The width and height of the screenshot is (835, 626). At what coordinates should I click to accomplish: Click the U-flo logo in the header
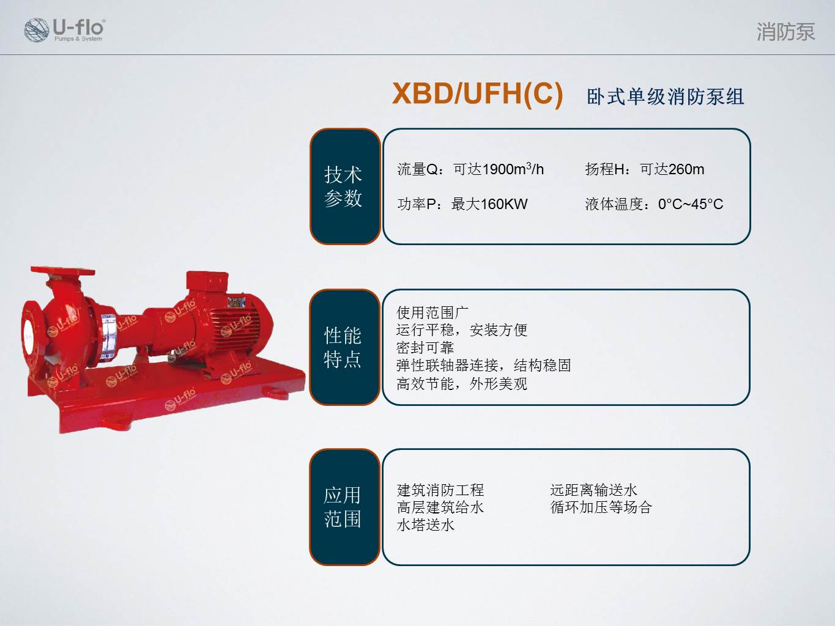(x=64, y=29)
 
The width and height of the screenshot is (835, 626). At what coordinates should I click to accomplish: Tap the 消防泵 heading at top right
(x=785, y=32)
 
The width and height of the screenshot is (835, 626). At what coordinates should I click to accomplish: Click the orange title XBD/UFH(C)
(x=477, y=94)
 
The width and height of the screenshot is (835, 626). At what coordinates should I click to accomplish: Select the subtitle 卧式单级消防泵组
(x=665, y=97)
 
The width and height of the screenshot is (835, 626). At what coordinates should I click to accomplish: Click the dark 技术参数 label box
(x=344, y=186)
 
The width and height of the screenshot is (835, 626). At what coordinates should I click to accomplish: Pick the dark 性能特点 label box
(x=344, y=347)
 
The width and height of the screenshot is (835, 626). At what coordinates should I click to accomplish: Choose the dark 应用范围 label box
(x=344, y=507)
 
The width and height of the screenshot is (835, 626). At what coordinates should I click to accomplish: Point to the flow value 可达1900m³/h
(x=498, y=169)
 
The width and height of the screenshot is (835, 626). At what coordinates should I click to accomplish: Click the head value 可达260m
(x=672, y=169)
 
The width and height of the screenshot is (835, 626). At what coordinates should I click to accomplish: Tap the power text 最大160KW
(x=489, y=204)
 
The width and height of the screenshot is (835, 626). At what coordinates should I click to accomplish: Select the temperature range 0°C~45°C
(x=690, y=204)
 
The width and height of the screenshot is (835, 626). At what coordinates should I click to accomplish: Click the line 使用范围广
(x=432, y=312)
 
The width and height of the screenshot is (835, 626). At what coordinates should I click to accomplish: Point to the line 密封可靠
(x=425, y=348)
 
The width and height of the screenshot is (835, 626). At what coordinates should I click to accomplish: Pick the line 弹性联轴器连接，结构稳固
(x=483, y=366)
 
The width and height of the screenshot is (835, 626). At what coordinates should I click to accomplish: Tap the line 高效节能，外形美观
(x=461, y=383)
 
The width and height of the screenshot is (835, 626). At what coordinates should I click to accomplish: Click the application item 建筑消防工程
(x=440, y=490)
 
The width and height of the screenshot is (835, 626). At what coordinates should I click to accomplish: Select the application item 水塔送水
(x=425, y=525)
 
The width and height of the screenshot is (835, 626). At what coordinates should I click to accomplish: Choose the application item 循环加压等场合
(x=601, y=507)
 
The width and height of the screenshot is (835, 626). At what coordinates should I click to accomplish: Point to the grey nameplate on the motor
(x=236, y=301)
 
